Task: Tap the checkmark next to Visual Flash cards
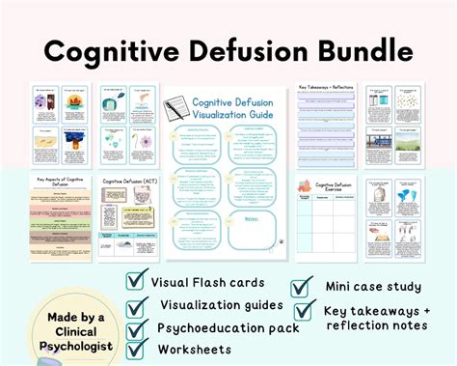[x=137, y=280]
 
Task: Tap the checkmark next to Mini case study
[x=302, y=286]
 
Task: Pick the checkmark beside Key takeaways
[x=304, y=310]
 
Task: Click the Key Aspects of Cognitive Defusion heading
[x=59, y=183]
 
